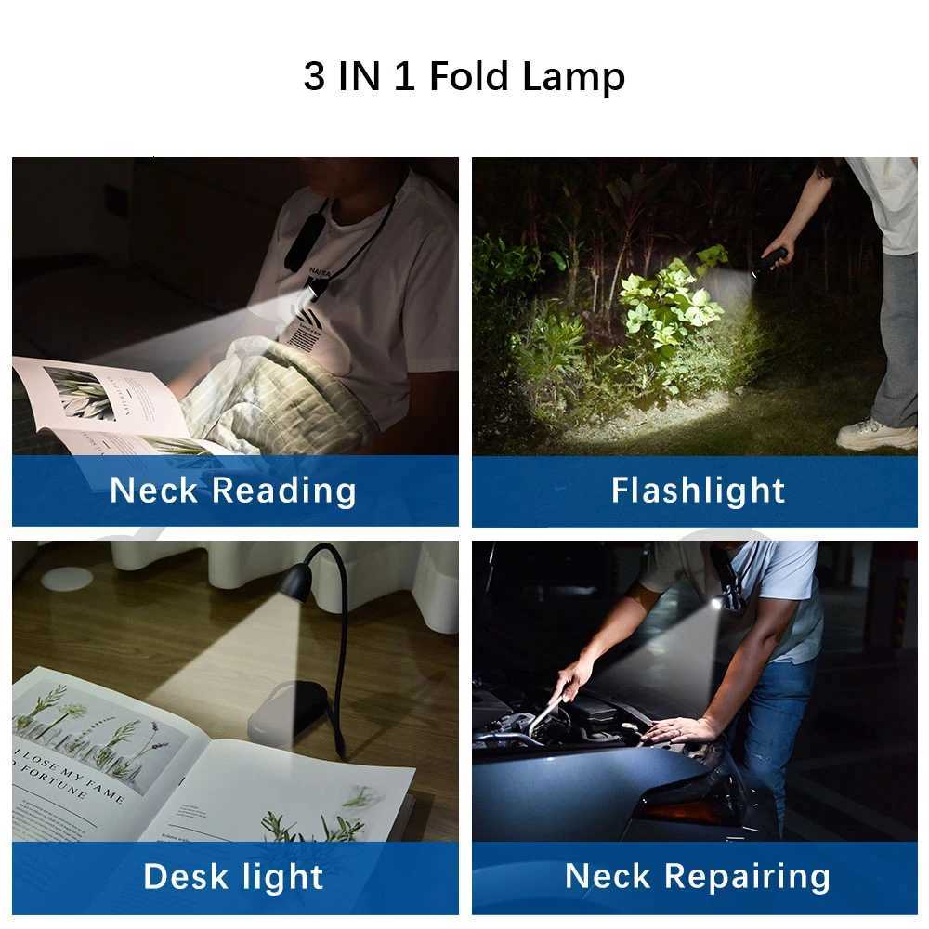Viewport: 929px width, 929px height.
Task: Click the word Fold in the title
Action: [470, 77]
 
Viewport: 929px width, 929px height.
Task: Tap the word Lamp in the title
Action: [573, 77]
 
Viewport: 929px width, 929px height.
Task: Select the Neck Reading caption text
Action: [233, 491]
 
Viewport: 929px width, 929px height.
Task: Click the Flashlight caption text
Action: [698, 491]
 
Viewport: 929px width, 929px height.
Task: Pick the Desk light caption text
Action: [233, 876]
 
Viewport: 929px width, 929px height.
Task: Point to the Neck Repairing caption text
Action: [698, 876]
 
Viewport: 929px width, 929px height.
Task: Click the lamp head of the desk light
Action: [295, 581]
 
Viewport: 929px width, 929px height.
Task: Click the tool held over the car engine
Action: [548, 715]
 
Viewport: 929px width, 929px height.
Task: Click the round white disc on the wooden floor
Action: [67, 579]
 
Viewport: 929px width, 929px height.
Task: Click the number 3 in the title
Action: [314, 77]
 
